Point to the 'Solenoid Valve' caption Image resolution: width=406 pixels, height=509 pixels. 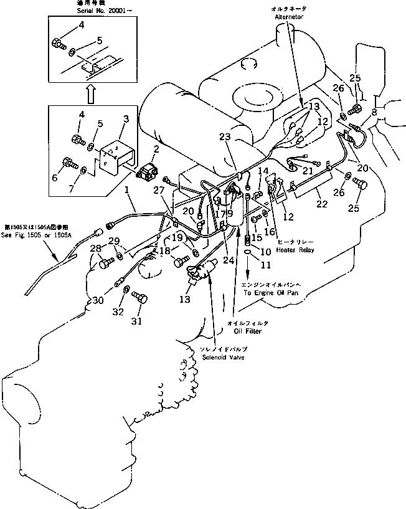[x=223, y=358]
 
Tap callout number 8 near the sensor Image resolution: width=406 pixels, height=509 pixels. [x=374, y=112]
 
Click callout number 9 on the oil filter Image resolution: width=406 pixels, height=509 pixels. [x=230, y=213]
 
